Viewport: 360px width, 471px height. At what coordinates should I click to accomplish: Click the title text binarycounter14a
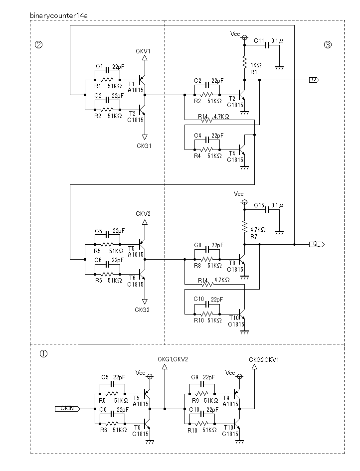point(59,15)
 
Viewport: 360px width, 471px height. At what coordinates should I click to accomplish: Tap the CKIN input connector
point(67,409)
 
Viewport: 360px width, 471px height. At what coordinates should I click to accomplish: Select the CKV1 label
point(143,51)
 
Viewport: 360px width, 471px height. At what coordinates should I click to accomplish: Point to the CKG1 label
point(144,146)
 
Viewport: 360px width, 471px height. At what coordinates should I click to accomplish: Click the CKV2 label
point(143,214)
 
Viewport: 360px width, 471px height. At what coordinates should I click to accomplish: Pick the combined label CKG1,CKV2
point(173,359)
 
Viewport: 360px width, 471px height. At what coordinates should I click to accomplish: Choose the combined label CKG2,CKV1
point(264,359)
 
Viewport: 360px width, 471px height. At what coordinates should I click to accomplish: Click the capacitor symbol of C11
point(267,45)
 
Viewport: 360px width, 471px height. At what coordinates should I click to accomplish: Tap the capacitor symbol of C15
point(267,210)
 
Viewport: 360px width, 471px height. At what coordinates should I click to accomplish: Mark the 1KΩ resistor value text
point(256,65)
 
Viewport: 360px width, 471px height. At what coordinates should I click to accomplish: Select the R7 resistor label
point(254,237)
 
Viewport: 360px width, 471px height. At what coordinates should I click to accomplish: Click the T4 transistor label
point(232,154)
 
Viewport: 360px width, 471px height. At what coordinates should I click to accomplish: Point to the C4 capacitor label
point(197,136)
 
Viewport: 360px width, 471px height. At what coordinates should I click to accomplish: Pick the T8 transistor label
point(232,263)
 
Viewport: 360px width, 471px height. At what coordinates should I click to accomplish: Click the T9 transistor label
point(226,398)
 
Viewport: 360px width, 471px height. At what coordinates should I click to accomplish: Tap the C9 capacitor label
point(195,377)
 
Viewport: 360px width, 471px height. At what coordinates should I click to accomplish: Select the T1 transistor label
point(131,84)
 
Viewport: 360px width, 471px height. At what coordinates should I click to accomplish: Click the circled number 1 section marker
point(43,354)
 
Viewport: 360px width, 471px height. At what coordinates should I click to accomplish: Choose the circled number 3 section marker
point(328,45)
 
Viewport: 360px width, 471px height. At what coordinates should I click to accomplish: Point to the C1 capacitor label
point(99,66)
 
